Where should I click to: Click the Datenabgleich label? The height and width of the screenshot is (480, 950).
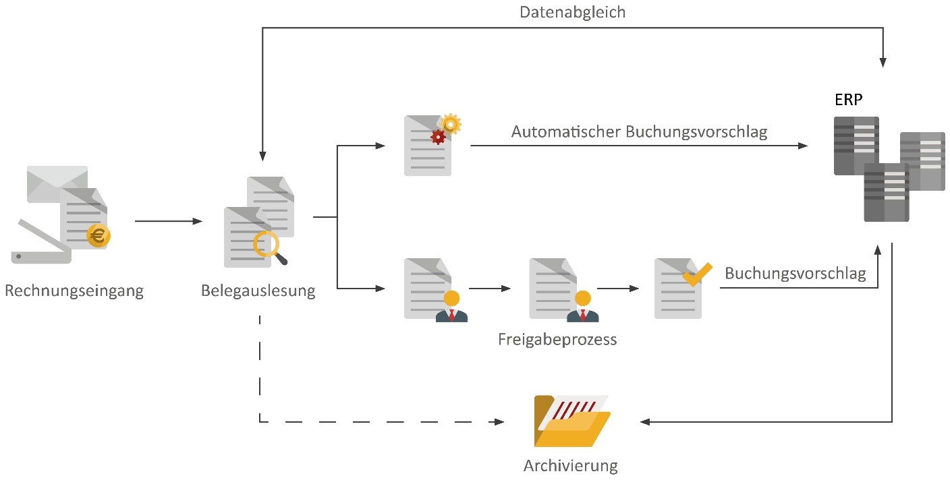tap(572, 12)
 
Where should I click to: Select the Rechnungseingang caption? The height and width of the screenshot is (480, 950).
tap(74, 291)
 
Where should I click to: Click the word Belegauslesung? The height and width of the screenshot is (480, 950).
tap(258, 291)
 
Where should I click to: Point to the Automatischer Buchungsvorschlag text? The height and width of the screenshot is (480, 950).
tap(639, 131)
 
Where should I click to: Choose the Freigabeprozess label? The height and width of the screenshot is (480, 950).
tap(557, 339)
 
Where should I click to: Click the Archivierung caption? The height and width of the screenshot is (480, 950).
tap(571, 465)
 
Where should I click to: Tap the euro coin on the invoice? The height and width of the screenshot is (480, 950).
tap(99, 237)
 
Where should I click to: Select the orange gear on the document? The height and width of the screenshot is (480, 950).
tap(451, 123)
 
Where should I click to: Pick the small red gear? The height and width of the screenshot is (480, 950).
tap(438, 137)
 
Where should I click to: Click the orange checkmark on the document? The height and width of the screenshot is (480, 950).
tap(697, 273)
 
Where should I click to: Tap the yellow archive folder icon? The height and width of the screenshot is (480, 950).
tap(572, 421)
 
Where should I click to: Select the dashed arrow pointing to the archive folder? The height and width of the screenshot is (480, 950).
tap(378, 422)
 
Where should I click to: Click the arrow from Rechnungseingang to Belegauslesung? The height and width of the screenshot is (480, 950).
tap(169, 221)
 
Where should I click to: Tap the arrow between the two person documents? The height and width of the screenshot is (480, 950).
tap(490, 289)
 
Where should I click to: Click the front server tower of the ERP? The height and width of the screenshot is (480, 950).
tap(886, 192)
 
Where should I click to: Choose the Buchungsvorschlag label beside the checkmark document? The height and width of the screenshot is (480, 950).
tap(795, 274)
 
